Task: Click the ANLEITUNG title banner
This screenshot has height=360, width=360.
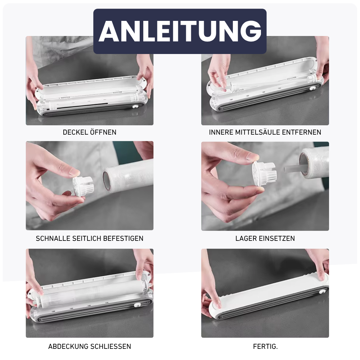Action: (x=180, y=31)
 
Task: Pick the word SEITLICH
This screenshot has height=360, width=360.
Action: (x=87, y=238)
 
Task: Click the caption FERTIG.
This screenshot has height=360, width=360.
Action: (x=265, y=347)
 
